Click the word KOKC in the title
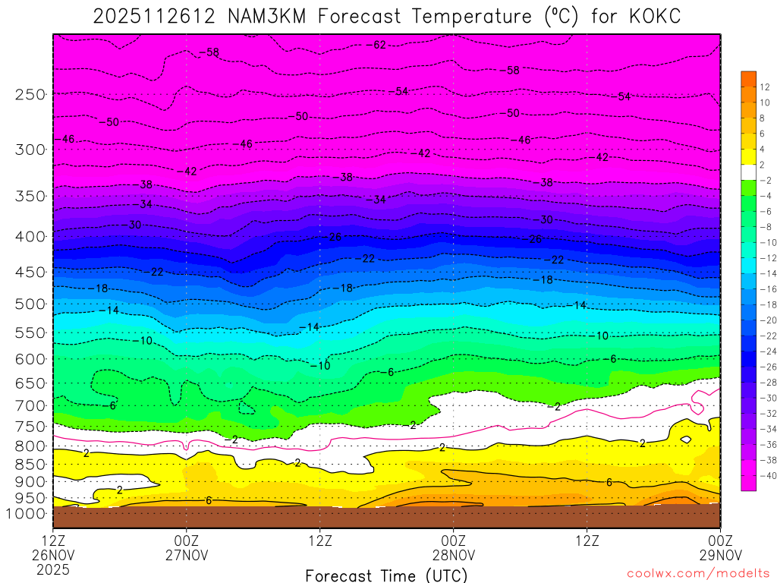pos(651,16)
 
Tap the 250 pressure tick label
pos(30,94)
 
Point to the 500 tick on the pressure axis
pos(30,304)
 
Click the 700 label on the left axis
pos(30,405)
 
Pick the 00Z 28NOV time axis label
pos(453,547)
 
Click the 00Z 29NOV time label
pos(719,547)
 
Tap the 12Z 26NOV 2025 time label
pos(53,554)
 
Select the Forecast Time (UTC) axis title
pos(386,575)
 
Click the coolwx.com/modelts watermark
pos(697,572)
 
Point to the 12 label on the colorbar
pos(765,86)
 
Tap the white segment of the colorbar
pos(749,172)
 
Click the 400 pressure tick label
pos(30,236)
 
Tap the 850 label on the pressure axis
pos(30,464)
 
